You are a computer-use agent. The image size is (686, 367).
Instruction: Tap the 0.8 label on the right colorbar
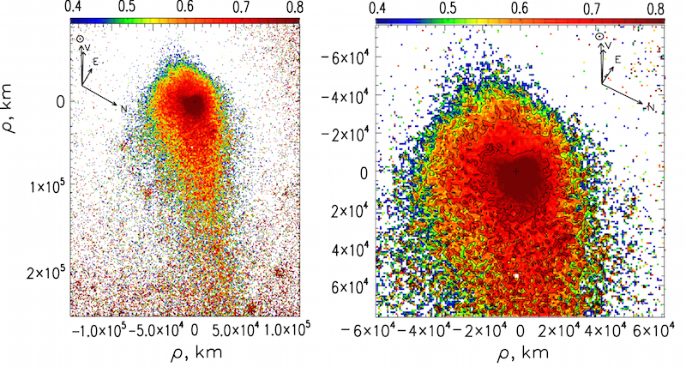pyautogui.click(x=656, y=9)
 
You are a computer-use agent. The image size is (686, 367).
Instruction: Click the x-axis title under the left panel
pyautogui.click(x=185, y=352)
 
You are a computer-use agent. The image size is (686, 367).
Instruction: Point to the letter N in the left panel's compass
pyautogui.click(x=123, y=109)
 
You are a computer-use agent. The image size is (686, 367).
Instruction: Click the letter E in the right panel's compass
pyautogui.click(x=617, y=58)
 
